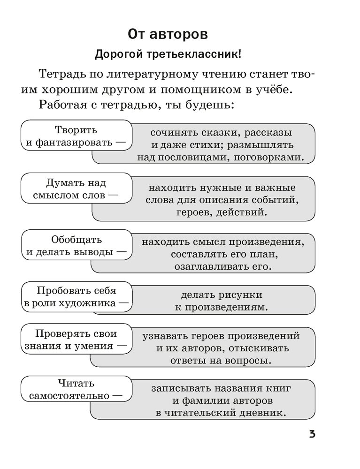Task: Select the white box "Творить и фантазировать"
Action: [x=77, y=136]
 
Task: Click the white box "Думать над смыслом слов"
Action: [x=77, y=189]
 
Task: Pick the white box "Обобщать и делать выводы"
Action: [x=77, y=245]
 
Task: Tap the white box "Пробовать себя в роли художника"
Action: [x=77, y=297]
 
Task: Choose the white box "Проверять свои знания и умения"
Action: [x=77, y=340]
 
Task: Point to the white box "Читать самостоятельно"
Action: [x=77, y=390]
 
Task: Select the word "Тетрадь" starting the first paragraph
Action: [x=60, y=75]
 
